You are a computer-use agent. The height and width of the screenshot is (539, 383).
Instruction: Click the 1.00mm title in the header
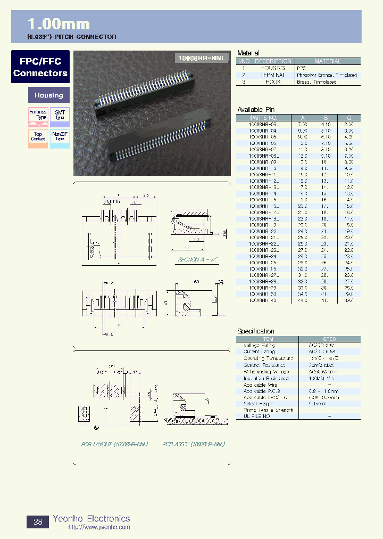59,24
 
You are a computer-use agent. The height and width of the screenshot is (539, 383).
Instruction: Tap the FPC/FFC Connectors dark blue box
40,67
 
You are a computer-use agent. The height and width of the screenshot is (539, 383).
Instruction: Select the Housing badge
48,95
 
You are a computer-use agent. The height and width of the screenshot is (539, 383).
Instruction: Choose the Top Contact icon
38,137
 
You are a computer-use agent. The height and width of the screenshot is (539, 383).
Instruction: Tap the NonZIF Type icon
60,137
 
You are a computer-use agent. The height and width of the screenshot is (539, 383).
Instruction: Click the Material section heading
248,53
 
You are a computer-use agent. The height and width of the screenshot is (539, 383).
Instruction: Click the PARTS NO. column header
264,118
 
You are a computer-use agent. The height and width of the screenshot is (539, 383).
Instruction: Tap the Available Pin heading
256,110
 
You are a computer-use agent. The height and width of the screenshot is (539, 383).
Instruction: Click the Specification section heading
256,331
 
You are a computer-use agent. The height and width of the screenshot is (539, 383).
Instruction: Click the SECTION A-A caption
197,259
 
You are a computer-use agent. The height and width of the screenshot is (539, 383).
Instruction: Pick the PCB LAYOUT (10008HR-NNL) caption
114,444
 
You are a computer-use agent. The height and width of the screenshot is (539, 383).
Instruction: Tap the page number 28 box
38,522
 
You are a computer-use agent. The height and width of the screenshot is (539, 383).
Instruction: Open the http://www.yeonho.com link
99,527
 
